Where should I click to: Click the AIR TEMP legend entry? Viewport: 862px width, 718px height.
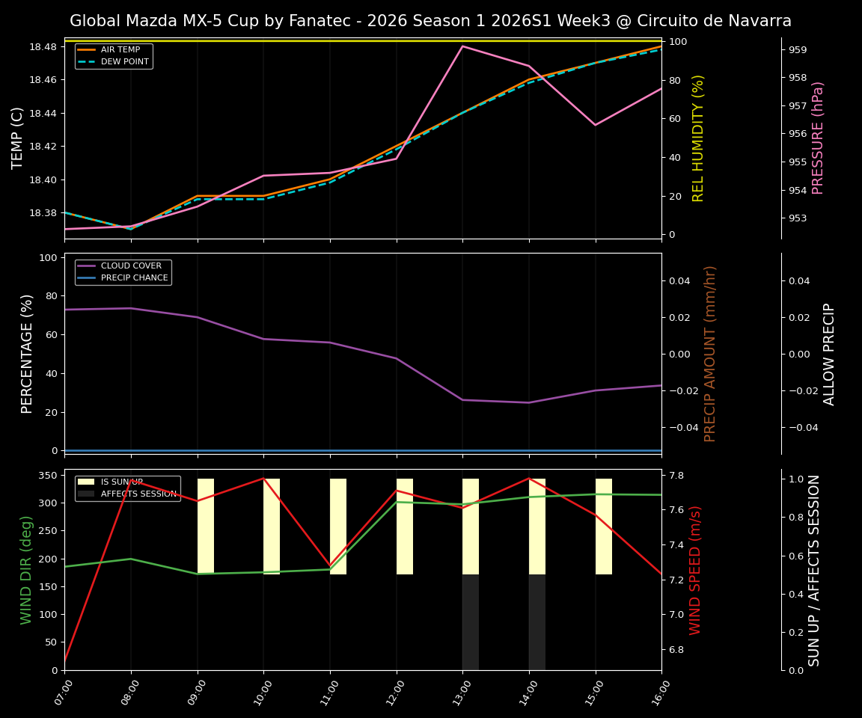pyautogui.click(x=120, y=50)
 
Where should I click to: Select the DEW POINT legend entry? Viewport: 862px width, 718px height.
pyautogui.click(x=124, y=61)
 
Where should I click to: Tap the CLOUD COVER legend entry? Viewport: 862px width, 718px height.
pyautogui.click(x=130, y=266)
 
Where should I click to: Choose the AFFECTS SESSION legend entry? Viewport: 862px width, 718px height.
pyautogui.click(x=138, y=494)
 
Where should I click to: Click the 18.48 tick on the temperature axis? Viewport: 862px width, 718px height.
pyautogui.click(x=43, y=47)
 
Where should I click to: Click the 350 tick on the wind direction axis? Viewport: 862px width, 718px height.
pyautogui.click(x=48, y=476)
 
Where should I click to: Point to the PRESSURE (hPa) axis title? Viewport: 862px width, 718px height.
pyautogui.click(x=818, y=138)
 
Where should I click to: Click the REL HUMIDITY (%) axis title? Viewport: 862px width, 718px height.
pyautogui.click(x=698, y=138)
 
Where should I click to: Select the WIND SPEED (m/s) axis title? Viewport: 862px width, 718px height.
pyautogui.click(x=696, y=570)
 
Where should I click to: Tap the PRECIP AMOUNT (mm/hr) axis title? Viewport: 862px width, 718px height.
pyautogui.click(x=710, y=354)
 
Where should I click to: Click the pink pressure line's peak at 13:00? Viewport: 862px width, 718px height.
pyautogui.click(x=462, y=46)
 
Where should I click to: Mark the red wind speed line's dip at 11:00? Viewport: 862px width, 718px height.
pyautogui.click(x=330, y=565)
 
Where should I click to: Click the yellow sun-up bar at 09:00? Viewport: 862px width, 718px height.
pyautogui.click(x=206, y=527)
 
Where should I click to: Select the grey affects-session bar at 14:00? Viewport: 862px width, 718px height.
pyautogui.click(x=537, y=622)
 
